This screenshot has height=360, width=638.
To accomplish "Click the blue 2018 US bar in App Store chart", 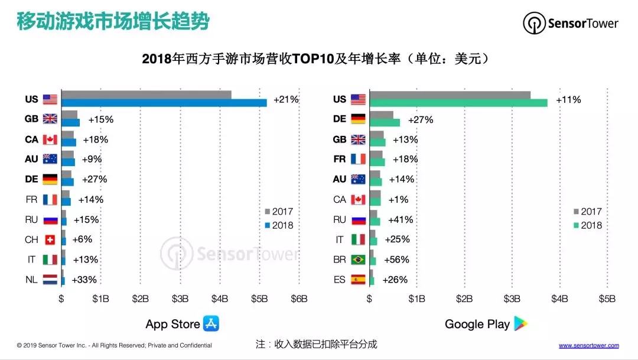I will [164, 103].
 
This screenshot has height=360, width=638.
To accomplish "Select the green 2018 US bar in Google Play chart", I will [458, 103].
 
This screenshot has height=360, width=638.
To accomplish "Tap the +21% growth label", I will [286, 99].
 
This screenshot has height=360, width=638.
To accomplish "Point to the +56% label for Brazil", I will [396, 260].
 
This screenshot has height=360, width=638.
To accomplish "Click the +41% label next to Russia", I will [400, 219].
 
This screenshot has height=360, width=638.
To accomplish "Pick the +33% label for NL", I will [84, 280].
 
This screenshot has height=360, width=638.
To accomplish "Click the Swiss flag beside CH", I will [50, 240].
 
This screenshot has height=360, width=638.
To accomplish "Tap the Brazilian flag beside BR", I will [358, 260].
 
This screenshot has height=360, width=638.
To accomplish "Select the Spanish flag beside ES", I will [358, 280].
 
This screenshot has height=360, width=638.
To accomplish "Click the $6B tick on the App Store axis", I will [299, 299].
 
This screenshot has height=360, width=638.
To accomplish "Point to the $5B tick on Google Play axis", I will [607, 299].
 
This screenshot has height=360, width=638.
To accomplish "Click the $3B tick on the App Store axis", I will [180, 299].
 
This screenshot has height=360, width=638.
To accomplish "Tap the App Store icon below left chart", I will [211, 323].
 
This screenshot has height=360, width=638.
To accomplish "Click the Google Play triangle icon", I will [520, 323].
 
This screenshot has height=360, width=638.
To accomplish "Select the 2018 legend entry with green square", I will [587, 225].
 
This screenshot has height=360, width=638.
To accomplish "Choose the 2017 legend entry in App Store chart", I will [278, 212].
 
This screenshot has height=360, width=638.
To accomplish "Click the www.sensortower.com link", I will [588, 345].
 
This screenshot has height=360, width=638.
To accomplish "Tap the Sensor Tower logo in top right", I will [571, 24].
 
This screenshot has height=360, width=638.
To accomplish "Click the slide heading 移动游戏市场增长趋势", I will [112, 22].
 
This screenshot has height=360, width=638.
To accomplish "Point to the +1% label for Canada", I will [395, 199].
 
